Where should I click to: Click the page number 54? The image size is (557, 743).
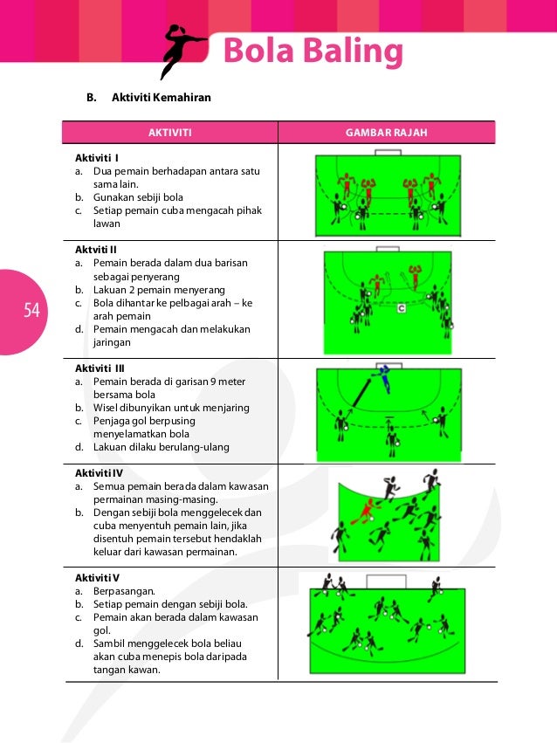pyautogui.click(x=32, y=310)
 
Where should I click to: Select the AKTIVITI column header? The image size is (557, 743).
pyautogui.click(x=169, y=133)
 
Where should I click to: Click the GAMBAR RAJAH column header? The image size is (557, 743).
pyautogui.click(x=386, y=133)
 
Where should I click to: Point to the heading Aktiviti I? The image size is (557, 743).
pyautogui.click(x=97, y=158)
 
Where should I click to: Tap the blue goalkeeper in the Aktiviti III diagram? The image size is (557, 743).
pyautogui.click(x=382, y=377)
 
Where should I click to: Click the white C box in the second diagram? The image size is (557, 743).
pyautogui.click(x=401, y=308)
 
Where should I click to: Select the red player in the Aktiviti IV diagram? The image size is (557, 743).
pyautogui.click(x=365, y=510)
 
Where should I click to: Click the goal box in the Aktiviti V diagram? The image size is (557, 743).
pyautogui.click(x=380, y=581)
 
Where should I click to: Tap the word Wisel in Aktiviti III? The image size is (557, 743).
pyautogui.click(x=107, y=408)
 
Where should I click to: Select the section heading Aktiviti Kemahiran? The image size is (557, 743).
pyautogui.click(x=162, y=97)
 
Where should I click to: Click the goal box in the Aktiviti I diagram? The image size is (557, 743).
pyautogui.click(x=387, y=153)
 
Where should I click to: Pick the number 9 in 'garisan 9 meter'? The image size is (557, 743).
pyautogui.click(x=214, y=382)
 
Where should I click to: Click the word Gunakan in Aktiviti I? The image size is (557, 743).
pyautogui.click(x=113, y=197)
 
